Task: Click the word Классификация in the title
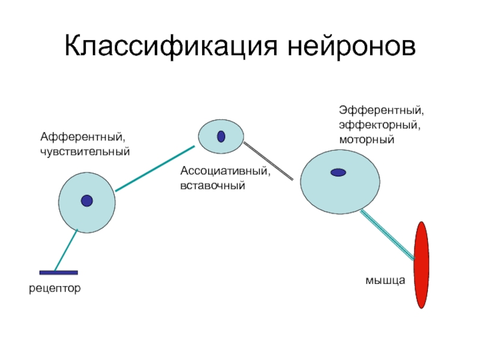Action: [x=171, y=47]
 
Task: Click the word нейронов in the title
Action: [x=352, y=47]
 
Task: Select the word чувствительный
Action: [x=85, y=152]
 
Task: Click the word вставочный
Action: [x=213, y=186]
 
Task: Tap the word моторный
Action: [x=367, y=140]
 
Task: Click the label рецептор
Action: [x=55, y=289]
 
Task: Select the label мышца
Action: [x=385, y=280]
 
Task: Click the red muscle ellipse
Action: [x=421, y=265]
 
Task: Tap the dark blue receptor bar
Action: [x=58, y=272]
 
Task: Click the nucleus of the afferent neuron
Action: [x=87, y=201]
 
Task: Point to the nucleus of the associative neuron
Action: [x=221, y=137]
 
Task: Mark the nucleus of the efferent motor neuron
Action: [x=338, y=173]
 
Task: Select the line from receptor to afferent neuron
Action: [x=66, y=250]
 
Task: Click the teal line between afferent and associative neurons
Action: [x=155, y=169]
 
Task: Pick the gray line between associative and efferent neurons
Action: [x=268, y=161]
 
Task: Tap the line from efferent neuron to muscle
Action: [x=388, y=235]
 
